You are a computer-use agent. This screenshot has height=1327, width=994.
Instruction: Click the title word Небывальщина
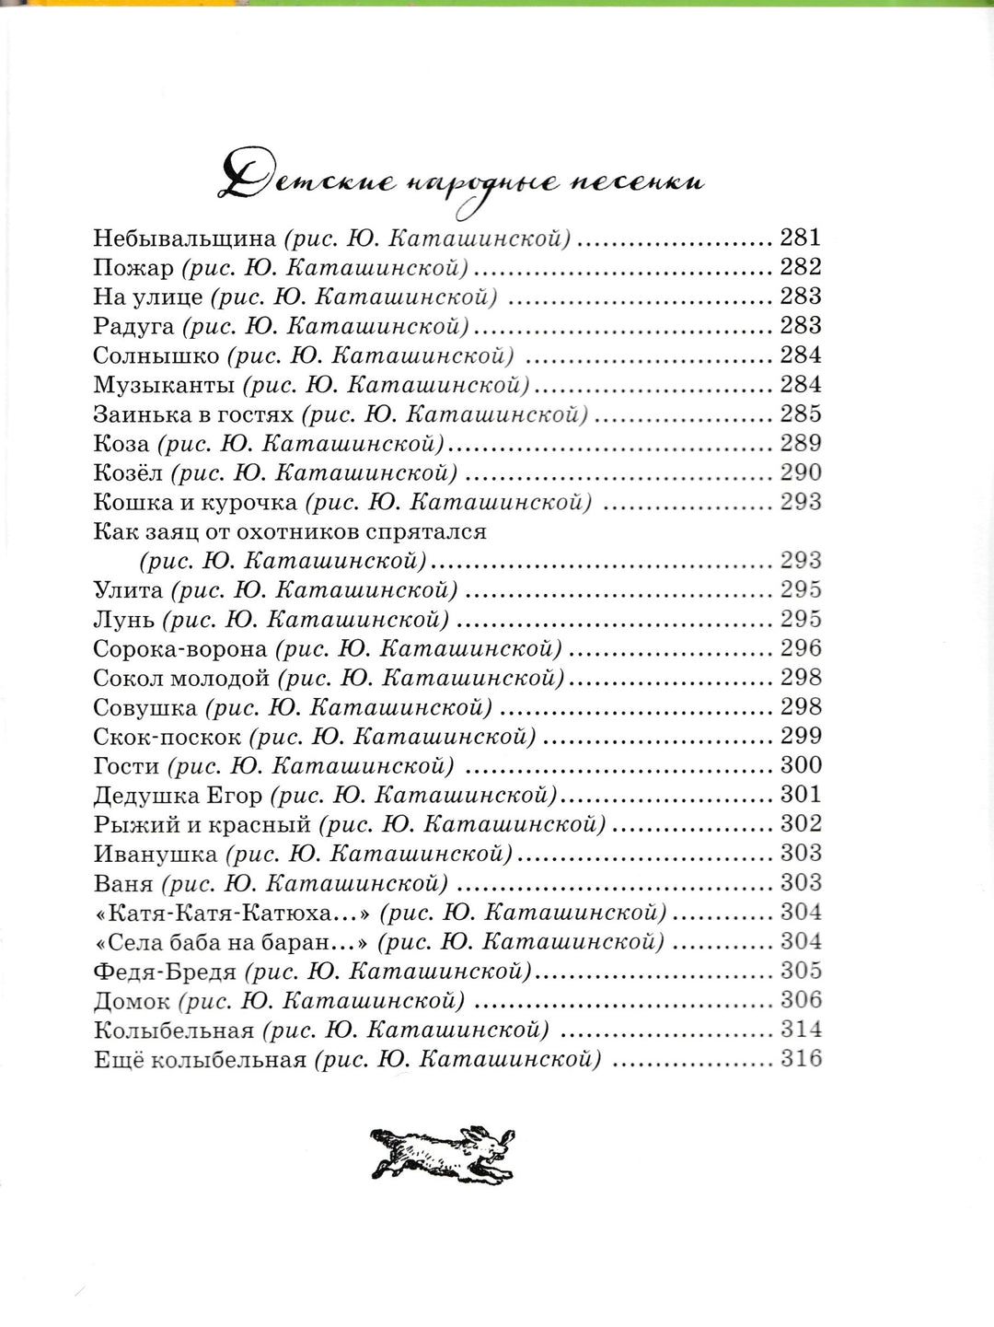pos(184,239)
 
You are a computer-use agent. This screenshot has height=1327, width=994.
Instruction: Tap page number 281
pos(800,238)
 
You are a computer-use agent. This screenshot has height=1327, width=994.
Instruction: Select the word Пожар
pos(133,268)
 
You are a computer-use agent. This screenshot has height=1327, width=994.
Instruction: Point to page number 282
pos(800,267)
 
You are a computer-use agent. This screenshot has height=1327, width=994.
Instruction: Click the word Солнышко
pos(156,356)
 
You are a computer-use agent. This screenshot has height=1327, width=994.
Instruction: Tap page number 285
pos(800,413)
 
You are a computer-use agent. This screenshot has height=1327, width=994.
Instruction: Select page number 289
pos(800,443)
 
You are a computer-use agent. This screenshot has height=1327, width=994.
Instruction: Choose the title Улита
pos(128,590)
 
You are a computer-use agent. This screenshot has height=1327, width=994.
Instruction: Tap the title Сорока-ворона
pos(180,649)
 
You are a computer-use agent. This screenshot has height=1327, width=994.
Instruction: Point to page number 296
pos(800,648)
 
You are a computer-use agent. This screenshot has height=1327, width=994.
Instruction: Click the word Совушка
pos(144,708)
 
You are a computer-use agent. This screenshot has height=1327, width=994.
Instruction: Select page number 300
pos(800,765)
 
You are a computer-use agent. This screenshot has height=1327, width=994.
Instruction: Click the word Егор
pos(242,795)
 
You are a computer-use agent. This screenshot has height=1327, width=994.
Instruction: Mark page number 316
pos(800,1058)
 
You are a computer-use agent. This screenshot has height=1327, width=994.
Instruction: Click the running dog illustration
pos(442,1152)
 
